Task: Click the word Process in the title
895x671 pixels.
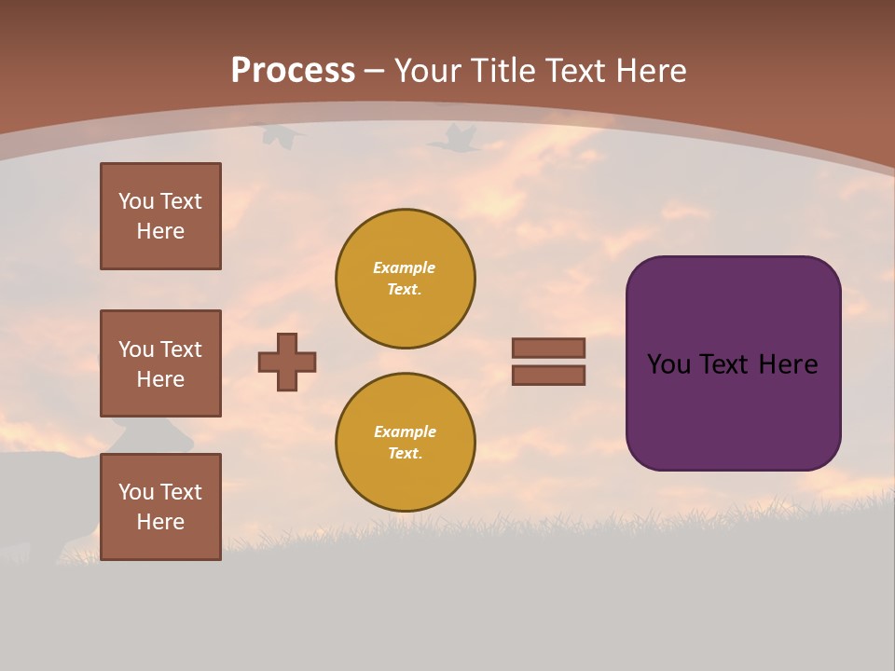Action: (x=293, y=71)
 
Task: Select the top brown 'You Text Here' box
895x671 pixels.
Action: (x=160, y=216)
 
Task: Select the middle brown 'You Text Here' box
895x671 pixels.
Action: (x=160, y=363)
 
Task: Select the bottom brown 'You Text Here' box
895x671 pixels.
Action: (x=160, y=507)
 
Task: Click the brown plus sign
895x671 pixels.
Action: (x=287, y=362)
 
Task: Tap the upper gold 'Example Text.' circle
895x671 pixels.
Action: (x=405, y=278)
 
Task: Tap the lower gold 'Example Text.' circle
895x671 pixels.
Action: (x=405, y=442)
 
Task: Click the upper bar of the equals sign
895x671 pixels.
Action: (x=548, y=348)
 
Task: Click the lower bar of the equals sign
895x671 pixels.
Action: (x=548, y=375)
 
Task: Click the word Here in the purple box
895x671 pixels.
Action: (x=788, y=364)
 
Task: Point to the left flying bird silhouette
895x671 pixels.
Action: (x=282, y=137)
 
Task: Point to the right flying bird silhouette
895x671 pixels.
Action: (x=453, y=140)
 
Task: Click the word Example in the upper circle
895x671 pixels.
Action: (x=404, y=267)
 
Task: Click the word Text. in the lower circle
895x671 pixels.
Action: (x=405, y=453)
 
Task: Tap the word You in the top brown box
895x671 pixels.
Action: (x=136, y=201)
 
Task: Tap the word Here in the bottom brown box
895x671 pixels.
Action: (x=160, y=522)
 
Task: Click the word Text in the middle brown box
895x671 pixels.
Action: (x=180, y=349)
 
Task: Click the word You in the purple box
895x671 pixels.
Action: (x=668, y=364)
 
